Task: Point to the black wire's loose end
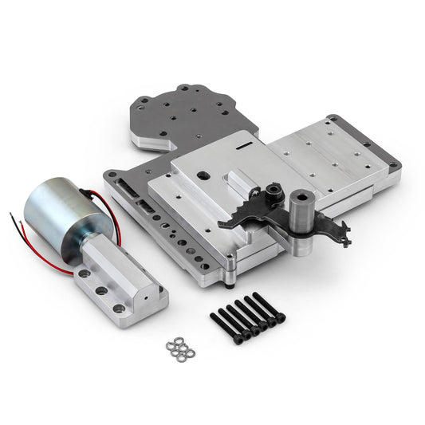coord(11,214)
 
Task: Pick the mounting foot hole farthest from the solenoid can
coord(120,309)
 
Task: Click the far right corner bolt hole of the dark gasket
coord(395,167)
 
